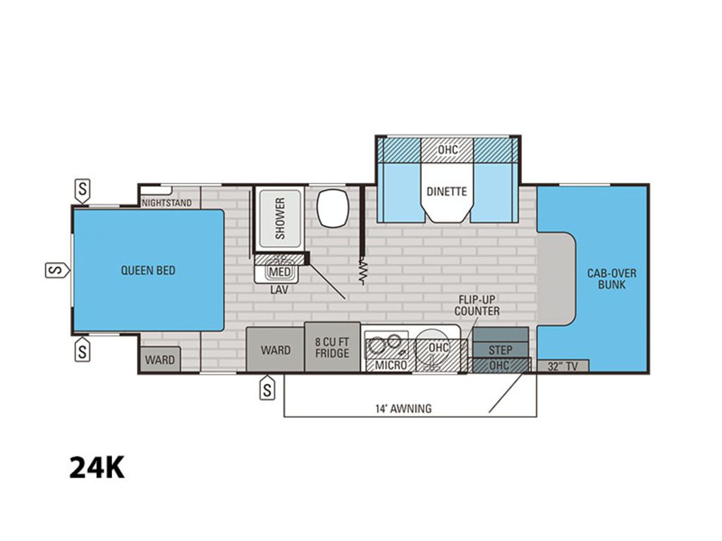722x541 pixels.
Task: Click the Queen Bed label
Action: (148, 270)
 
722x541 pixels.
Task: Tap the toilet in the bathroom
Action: (332, 208)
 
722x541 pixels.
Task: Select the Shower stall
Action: (280, 218)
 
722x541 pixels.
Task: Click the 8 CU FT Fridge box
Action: (332, 347)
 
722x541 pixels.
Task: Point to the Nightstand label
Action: (166, 203)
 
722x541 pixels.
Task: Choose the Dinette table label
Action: (446, 192)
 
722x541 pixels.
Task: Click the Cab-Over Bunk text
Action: (611, 279)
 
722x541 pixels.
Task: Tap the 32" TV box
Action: (563, 366)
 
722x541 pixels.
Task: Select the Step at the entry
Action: (500, 350)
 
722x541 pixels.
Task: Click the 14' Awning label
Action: (403, 409)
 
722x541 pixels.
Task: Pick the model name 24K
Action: (97, 468)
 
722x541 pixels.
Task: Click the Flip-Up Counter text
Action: (477, 305)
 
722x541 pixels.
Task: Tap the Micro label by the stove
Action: (391, 366)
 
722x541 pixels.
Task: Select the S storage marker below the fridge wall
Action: (267, 389)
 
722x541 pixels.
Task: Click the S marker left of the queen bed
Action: (57, 270)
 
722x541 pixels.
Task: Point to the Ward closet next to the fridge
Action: (276, 349)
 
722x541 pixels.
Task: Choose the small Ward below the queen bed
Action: (160, 359)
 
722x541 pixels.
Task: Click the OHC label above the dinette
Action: (448, 149)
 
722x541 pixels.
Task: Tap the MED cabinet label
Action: (279, 272)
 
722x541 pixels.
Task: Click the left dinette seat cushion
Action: (399, 192)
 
